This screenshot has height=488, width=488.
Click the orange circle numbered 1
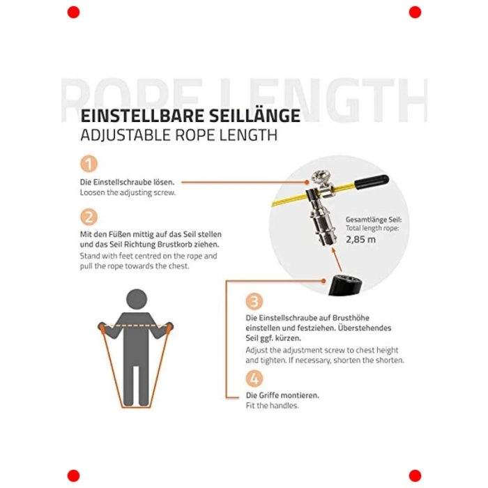(89, 165)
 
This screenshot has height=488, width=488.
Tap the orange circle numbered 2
(89, 216)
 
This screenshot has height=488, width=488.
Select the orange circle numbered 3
(254, 301)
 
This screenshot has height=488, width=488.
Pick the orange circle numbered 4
(254, 379)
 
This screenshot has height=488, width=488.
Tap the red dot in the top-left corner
(73, 12)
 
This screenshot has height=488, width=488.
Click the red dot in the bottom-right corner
(415, 475)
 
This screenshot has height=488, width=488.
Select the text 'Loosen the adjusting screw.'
(128, 192)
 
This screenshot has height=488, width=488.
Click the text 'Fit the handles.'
(273, 406)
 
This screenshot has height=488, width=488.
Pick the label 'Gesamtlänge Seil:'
(374, 219)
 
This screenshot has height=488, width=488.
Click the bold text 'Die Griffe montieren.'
(282, 395)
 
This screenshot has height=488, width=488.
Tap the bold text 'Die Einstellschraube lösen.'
(127, 181)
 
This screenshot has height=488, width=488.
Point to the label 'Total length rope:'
(374, 228)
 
